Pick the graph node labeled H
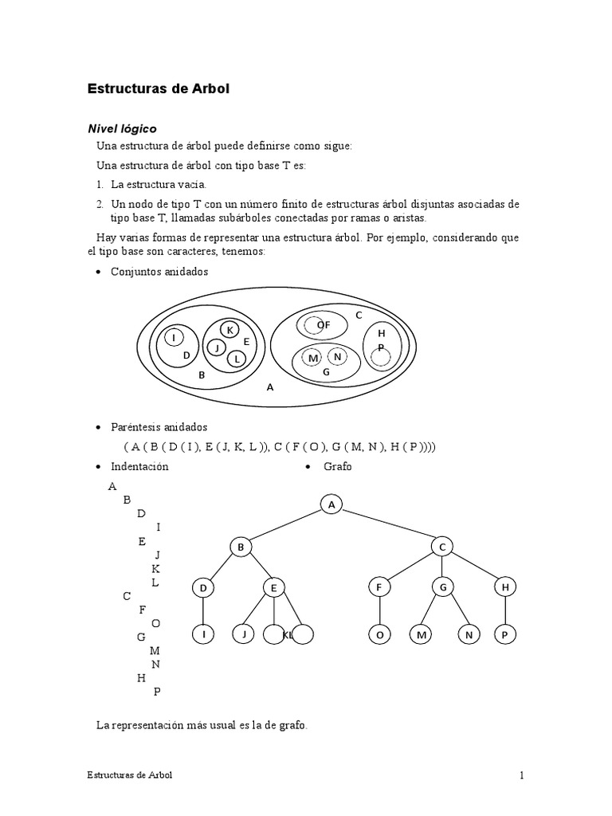coord(504,588)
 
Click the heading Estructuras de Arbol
coord(158,89)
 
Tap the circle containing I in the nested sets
coord(174,338)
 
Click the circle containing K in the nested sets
coord(229,330)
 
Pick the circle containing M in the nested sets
coord(313,357)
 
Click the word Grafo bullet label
coord(337,466)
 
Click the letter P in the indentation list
coord(156,692)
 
